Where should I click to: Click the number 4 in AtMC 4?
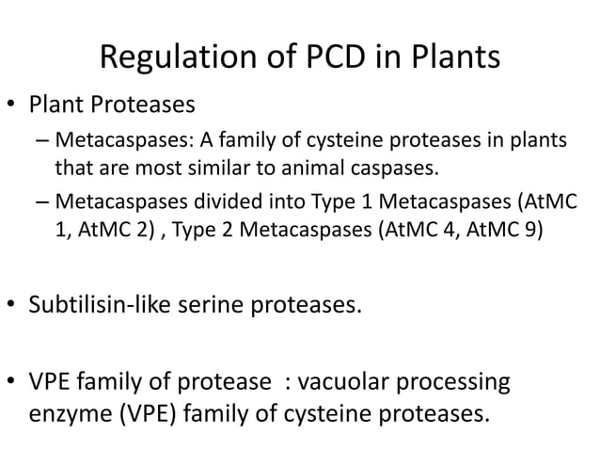(x=461, y=228)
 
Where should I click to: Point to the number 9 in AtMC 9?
(x=534, y=228)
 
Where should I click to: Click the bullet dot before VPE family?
(x=14, y=386)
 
